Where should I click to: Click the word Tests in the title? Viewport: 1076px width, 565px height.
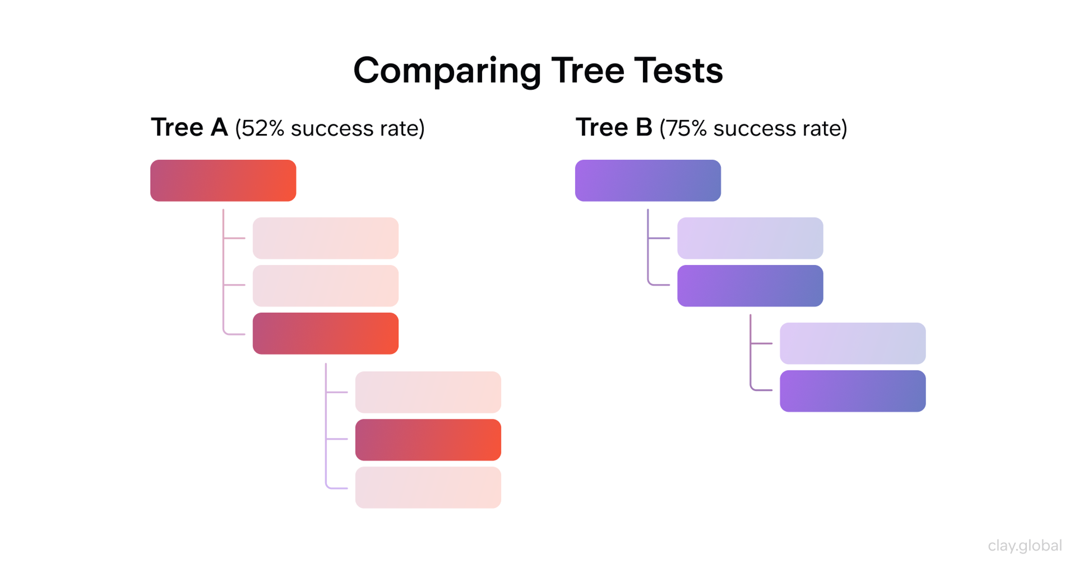coord(678,71)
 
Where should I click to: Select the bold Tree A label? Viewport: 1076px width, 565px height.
coord(189,127)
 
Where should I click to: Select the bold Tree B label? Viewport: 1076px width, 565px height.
coord(614,127)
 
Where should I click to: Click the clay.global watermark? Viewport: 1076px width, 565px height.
coord(1025,545)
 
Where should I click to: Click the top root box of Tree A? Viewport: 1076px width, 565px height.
coord(223,181)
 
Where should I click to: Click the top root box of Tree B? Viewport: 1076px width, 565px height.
coord(648,181)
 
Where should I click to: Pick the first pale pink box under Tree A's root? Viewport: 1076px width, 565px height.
coord(325,238)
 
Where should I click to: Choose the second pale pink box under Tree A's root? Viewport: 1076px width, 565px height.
coord(325,285)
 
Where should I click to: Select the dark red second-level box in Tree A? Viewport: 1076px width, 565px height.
coord(325,333)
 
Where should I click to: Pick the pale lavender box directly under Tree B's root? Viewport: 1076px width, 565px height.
coord(750,238)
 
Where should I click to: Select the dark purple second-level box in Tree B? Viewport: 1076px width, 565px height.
coord(750,285)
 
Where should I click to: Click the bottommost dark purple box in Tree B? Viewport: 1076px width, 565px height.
coord(852,391)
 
